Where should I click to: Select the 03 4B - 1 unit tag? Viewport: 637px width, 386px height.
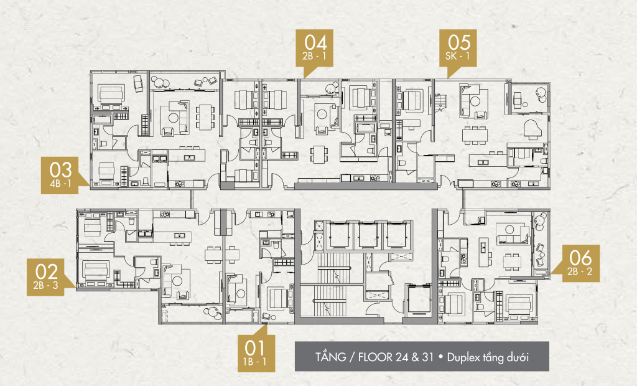(x=60, y=174)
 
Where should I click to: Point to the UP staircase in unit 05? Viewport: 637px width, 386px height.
(x=440, y=101)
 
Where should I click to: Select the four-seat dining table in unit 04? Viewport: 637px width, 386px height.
(x=318, y=153)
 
